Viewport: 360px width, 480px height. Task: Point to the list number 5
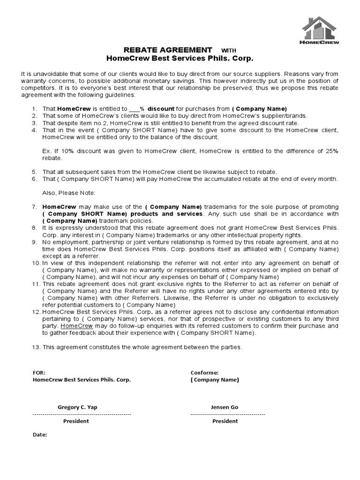pyautogui.click(x=34, y=172)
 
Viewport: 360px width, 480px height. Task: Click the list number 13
pyautogui.click(x=36, y=347)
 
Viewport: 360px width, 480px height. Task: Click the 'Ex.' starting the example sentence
pyautogui.click(x=46, y=151)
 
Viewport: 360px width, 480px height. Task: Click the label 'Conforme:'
pyautogui.click(x=204, y=373)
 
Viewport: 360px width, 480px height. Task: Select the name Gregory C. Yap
pyautogui.click(x=77, y=407)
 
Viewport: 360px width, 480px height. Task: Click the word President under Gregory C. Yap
pyautogui.click(x=76, y=421)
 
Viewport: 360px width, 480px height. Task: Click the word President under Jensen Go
pyautogui.click(x=225, y=421)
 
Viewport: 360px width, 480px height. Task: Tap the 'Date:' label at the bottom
pyautogui.click(x=40, y=435)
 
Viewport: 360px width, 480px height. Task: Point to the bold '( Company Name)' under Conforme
pyautogui.click(x=215, y=380)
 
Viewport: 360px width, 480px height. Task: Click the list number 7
pyautogui.click(x=34, y=207)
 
